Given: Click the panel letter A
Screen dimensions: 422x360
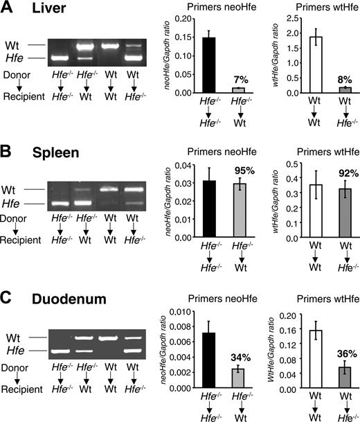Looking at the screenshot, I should pyautogui.click(x=7, y=9).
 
